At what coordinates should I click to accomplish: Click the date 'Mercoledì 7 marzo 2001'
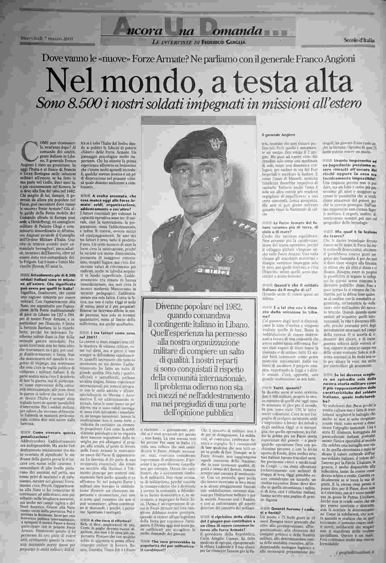[48, 39]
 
